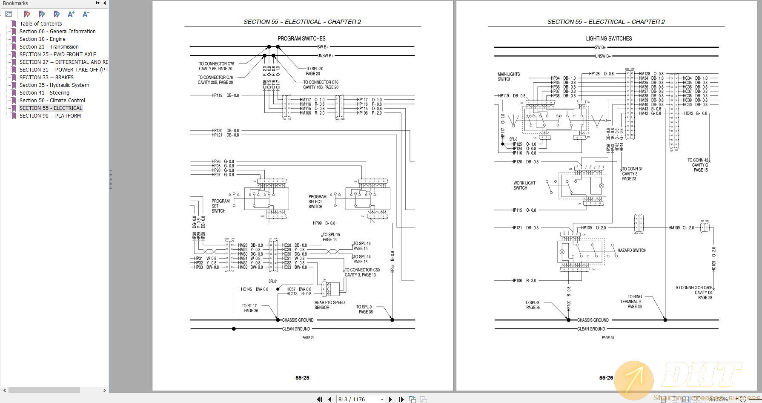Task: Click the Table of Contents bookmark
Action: click(40, 24)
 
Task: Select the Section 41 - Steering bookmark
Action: click(44, 93)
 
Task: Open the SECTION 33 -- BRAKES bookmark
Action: click(46, 78)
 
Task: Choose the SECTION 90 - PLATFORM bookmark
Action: click(50, 116)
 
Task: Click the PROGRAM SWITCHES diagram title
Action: click(301, 39)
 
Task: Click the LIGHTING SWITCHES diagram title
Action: click(608, 39)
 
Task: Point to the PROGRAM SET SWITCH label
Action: click(220, 206)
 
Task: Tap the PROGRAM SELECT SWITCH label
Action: click(317, 201)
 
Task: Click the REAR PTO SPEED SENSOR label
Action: click(329, 305)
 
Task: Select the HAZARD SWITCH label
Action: click(632, 250)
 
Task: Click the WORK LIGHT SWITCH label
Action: click(524, 185)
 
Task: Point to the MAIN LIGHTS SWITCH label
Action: click(508, 77)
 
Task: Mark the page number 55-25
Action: click(302, 378)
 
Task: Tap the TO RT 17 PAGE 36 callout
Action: click(250, 308)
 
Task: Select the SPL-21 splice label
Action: click(273, 281)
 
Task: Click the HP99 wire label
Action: click(317, 223)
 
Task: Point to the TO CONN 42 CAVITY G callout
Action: click(698, 165)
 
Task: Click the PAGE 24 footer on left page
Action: click(308, 338)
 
